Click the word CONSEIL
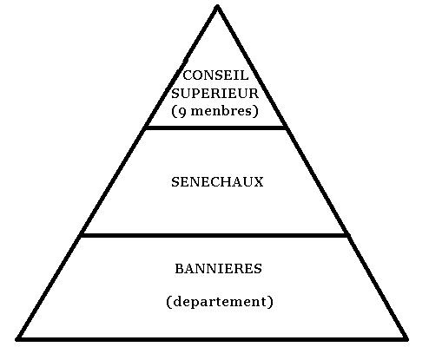pos(215,75)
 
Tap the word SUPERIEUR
pos(214,93)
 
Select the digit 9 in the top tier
pos(182,112)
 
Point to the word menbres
pos(221,111)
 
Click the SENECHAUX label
pos(217,182)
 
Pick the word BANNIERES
pos(219,269)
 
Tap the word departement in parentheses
pos(220,302)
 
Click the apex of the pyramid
pos(217,6)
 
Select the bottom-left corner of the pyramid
pos(17,339)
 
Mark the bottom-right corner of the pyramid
pos(406,339)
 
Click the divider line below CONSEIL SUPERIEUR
pos(216,128)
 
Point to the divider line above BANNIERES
pos(214,235)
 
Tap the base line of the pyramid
pos(212,339)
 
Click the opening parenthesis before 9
pos(174,111)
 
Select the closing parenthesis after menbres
pos(255,111)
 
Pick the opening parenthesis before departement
pos(169,302)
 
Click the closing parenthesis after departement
pos(270,302)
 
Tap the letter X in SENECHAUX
pos(258,182)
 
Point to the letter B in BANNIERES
pos(180,269)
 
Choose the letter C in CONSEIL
pos(188,75)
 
